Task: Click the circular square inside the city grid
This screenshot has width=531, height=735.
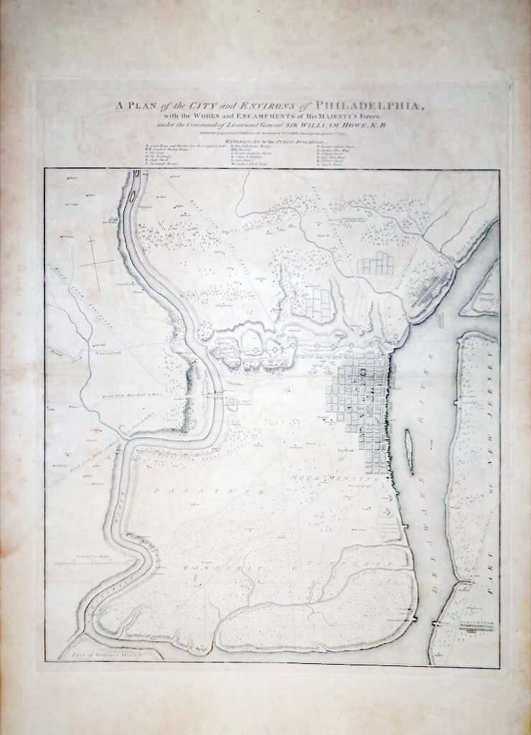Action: (x=363, y=371)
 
